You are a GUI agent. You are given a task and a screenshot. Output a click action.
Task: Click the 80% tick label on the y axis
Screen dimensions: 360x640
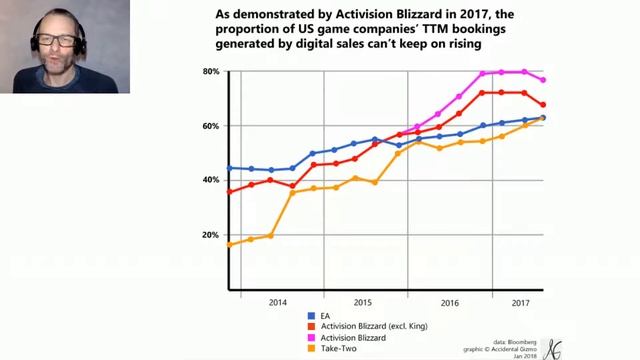click(210, 72)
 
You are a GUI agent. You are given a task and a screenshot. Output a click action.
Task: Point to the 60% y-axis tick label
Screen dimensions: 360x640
click(210, 126)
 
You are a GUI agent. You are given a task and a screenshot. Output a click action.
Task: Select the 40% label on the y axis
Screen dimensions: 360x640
click(210, 180)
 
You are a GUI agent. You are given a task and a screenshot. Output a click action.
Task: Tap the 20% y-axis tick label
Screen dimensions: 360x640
click(210, 235)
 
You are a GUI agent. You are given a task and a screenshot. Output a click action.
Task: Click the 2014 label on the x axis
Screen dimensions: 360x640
click(277, 301)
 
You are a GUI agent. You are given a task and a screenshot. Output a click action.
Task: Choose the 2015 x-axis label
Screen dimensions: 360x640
click(362, 301)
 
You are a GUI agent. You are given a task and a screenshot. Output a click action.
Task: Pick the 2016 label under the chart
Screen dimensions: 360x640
click(449, 301)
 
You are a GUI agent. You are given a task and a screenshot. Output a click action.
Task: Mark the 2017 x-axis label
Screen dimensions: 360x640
click(519, 301)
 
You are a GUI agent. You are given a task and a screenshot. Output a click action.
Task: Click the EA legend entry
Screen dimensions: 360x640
click(325, 316)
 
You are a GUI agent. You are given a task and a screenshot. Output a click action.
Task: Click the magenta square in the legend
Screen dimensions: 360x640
click(311, 338)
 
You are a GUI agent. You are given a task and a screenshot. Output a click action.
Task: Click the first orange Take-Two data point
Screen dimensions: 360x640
click(229, 244)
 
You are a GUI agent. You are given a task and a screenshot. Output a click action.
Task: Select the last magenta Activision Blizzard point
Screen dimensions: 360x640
click(543, 80)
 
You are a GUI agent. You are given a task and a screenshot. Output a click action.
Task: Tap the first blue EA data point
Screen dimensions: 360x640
click(229, 168)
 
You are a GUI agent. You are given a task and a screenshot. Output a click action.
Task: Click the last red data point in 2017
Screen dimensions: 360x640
click(543, 105)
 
